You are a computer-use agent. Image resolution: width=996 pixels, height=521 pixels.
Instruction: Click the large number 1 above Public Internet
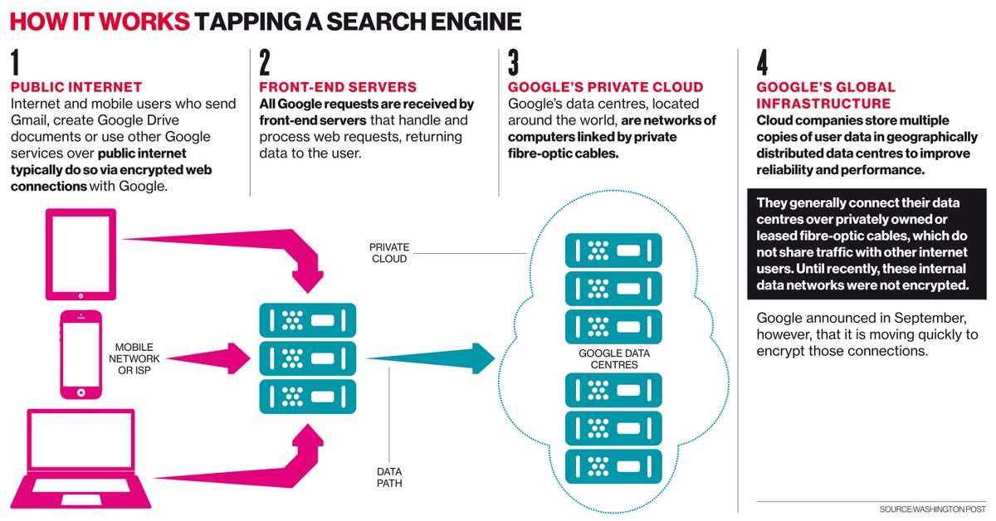pyautogui.click(x=16, y=64)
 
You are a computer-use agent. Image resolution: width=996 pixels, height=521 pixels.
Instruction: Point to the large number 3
pyautogui.click(x=514, y=64)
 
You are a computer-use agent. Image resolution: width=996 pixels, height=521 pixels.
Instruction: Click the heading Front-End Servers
pyautogui.click(x=338, y=87)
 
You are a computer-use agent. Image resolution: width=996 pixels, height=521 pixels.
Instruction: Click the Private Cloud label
pyautogui.click(x=388, y=253)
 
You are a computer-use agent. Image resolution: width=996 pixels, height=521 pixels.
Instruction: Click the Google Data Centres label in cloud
pyautogui.click(x=613, y=358)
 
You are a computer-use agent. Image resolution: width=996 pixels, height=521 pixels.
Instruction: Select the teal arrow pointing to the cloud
pyautogui.click(x=432, y=358)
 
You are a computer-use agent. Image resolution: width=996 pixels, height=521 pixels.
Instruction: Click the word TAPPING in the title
pyautogui.click(x=262, y=21)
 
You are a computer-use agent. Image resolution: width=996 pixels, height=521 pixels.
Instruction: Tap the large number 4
pyautogui.click(x=764, y=64)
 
